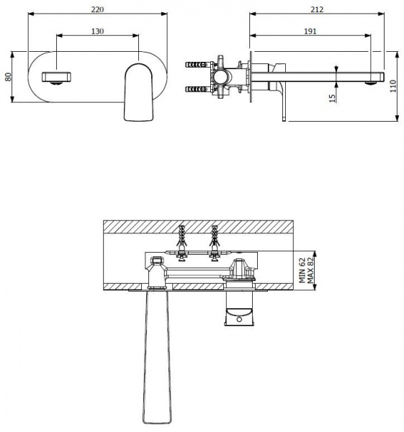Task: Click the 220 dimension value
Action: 97,9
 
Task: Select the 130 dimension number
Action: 97,31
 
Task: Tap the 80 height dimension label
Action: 8,77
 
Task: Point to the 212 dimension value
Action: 317,9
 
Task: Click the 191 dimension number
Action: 310,31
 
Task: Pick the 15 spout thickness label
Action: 333,99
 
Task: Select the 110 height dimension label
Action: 393,86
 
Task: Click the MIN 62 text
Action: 302,270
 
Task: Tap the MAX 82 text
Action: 310,270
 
